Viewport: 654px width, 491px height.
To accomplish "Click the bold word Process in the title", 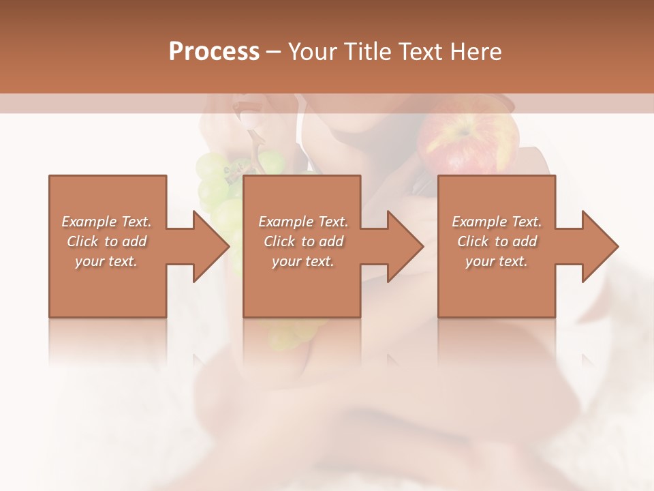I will pyautogui.click(x=214, y=52).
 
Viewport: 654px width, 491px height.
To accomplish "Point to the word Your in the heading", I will pyautogui.click(x=310, y=52).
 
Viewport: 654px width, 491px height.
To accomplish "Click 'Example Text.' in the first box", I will pyautogui.click(x=107, y=222).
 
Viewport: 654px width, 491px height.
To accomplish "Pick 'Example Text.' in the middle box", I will pyautogui.click(x=303, y=222).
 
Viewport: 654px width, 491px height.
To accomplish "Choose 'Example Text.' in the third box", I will pyautogui.click(x=497, y=222).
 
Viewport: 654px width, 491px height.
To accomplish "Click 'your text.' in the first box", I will pyautogui.click(x=106, y=261).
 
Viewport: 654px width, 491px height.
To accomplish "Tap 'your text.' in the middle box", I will pyautogui.click(x=302, y=261).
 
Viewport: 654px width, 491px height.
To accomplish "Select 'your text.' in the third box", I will pyautogui.click(x=497, y=261).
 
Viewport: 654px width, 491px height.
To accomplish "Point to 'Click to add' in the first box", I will pyautogui.click(x=107, y=241).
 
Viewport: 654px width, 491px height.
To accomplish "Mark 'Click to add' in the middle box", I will pyautogui.click(x=303, y=241).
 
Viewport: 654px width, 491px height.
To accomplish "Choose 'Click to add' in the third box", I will pyautogui.click(x=497, y=241).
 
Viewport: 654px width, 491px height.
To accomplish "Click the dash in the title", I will pyautogui.click(x=273, y=53).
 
